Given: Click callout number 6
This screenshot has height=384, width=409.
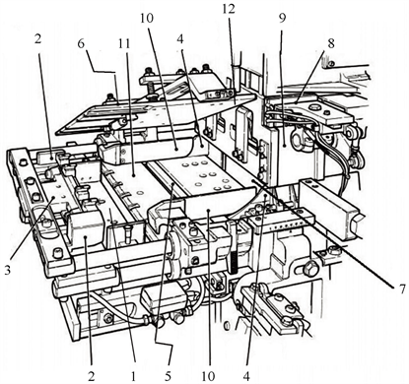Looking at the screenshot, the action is pos(81,43).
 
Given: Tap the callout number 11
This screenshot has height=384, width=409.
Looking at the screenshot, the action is pos(124,43).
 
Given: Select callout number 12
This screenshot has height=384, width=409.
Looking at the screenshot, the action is pos(229,9).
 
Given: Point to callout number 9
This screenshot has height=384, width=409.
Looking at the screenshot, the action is pos(282,19).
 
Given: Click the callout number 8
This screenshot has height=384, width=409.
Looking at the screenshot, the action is pos(330,43).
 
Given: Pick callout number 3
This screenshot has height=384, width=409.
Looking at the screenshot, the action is pos(8,270).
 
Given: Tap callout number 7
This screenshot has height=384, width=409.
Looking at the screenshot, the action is pos(400,289).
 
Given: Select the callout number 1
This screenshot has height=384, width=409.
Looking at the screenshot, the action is pos(133,376).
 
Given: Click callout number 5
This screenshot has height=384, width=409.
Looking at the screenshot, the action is pos(168,376).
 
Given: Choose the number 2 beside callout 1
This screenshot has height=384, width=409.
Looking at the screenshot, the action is pos(91,376).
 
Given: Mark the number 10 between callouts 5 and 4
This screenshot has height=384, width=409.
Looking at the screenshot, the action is pos(208,376).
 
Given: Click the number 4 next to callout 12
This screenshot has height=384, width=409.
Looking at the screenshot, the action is pos(179,39).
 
